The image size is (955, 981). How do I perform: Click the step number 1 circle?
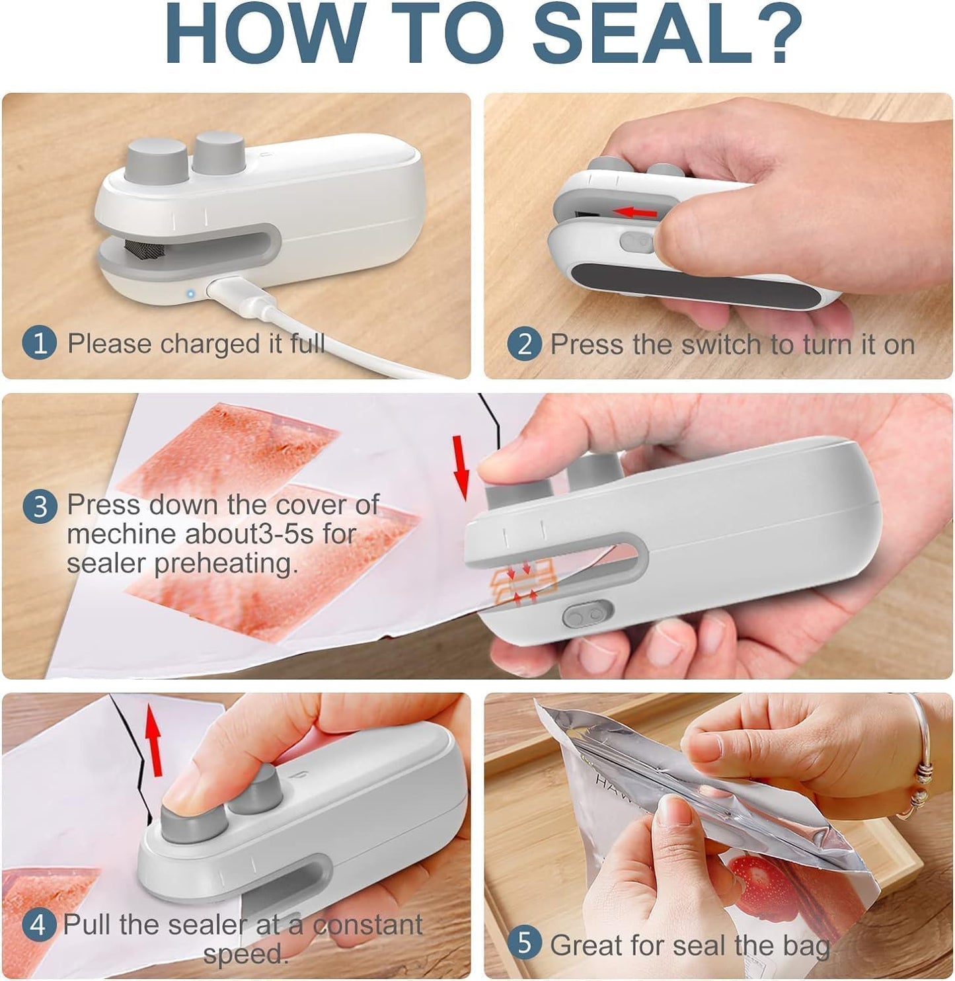[39, 344]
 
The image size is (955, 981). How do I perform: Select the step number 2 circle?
[524, 344]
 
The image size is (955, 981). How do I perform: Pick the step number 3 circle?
[40, 506]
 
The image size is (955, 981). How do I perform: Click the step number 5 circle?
[524, 943]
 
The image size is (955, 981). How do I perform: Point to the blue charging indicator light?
[190, 294]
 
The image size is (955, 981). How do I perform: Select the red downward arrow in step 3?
[461, 467]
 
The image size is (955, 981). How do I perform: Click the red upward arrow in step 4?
[153, 739]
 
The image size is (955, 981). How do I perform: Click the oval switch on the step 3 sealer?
[587, 615]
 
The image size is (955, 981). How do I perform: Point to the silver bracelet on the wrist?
[922, 760]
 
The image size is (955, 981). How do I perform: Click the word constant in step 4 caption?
[367, 924]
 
